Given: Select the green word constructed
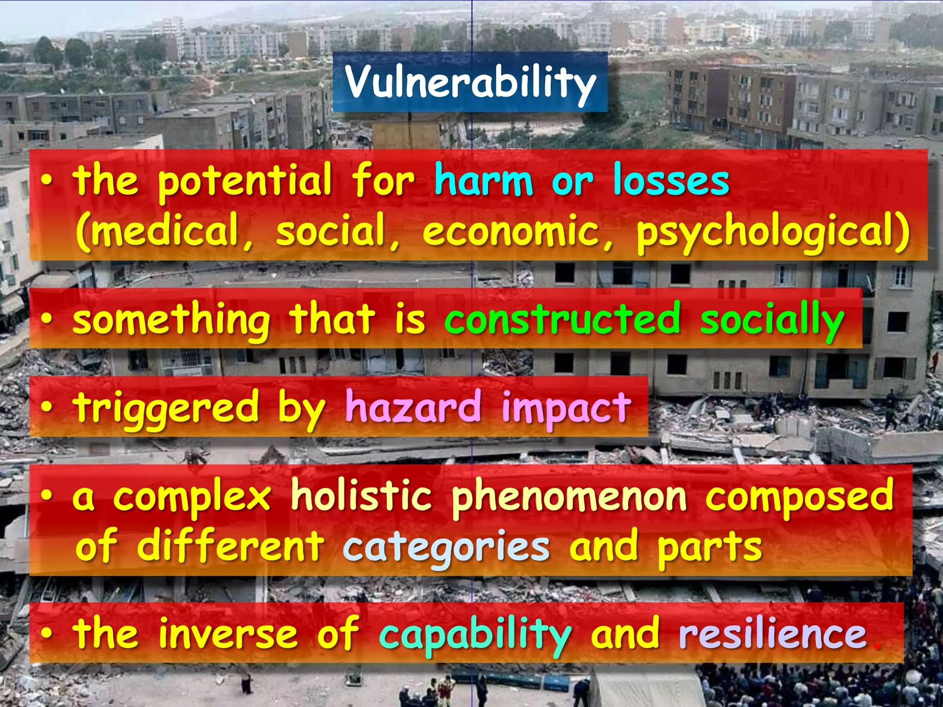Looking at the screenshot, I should coord(562,319).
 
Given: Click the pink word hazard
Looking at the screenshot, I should coord(413,407).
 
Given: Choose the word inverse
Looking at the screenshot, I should coord(228,634).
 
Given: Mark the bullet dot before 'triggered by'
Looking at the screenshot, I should coord(46,407).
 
